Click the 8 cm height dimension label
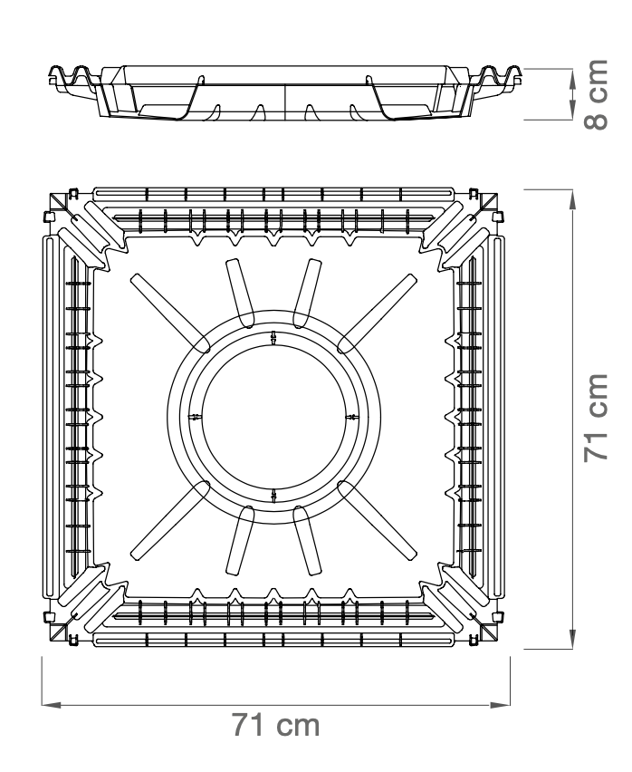pyautogui.click(x=596, y=94)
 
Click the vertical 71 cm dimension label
pyautogui.click(x=596, y=418)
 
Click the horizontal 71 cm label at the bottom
pyautogui.click(x=276, y=725)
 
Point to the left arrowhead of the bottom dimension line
pyautogui.click(x=51, y=705)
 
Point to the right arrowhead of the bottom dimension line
pyautogui.click(x=500, y=705)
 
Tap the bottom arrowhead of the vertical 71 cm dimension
pyautogui.click(x=572, y=639)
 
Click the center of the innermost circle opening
pyautogui.click(x=273, y=417)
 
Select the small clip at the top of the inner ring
pyautogui.click(x=273, y=338)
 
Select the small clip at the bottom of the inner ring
pyautogui.click(x=273, y=496)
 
